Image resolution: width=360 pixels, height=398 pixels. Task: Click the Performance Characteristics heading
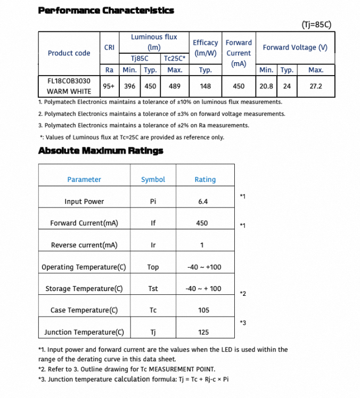106,10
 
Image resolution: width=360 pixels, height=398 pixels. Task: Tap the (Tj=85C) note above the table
316,24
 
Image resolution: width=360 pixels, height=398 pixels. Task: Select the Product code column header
69,53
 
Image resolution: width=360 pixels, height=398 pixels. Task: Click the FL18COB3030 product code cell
69,81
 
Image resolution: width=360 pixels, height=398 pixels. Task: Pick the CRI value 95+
109,86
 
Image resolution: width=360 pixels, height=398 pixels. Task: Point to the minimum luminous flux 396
129,86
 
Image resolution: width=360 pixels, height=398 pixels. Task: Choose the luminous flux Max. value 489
175,86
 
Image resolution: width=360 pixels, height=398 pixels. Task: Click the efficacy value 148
205,86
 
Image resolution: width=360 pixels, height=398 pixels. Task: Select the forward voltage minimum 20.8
266,86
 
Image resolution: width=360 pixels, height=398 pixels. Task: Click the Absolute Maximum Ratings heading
101,151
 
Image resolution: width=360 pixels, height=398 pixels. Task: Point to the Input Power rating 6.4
202,202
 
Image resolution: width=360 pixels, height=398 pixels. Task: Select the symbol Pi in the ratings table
153,202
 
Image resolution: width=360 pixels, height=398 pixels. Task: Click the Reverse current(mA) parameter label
84,245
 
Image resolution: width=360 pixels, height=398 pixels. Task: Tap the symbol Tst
153,289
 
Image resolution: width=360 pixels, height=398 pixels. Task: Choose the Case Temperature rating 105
203,311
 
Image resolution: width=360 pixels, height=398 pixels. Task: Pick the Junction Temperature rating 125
203,333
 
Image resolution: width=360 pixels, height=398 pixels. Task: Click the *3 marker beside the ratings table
243,322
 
